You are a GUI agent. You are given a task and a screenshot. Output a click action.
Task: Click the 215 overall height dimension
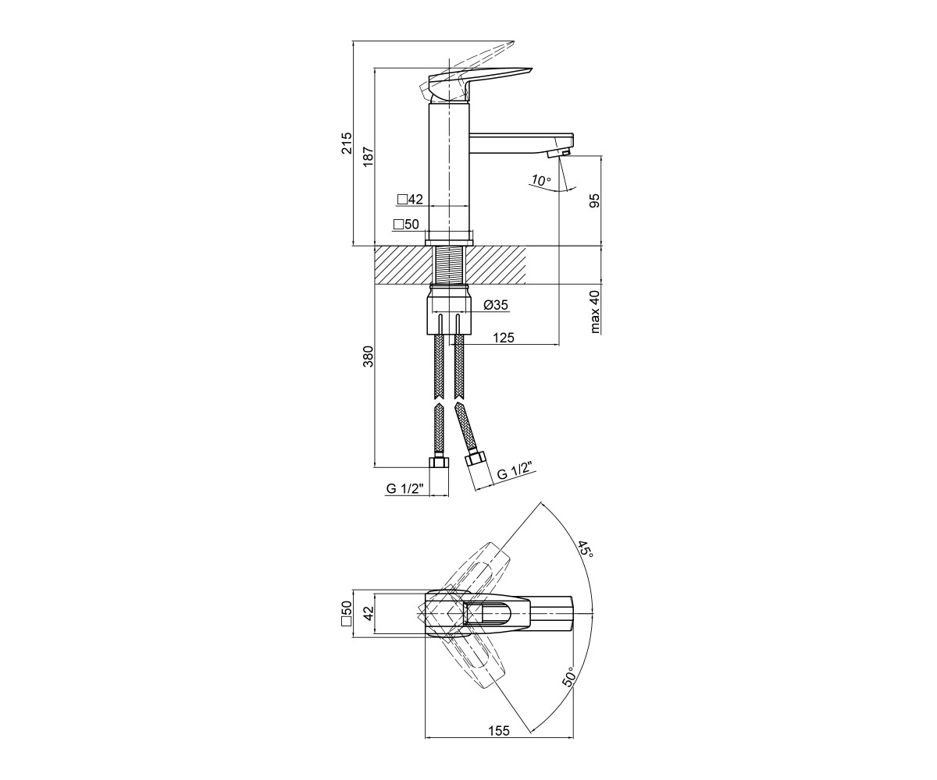coord(347,143)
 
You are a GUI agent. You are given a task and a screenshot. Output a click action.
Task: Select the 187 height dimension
coord(369,157)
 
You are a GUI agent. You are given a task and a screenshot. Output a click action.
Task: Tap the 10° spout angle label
coord(541,181)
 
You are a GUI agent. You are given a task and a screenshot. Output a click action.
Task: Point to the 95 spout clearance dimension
coord(594,200)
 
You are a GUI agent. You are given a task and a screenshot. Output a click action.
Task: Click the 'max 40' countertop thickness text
coord(595,311)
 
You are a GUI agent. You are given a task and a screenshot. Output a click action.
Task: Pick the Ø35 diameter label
coord(496,305)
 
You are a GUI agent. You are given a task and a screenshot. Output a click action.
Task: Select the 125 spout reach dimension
coord(504,338)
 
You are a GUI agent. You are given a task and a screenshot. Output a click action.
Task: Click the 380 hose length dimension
coord(368,356)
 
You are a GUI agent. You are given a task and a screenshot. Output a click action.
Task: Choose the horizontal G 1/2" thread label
coord(405,488)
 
